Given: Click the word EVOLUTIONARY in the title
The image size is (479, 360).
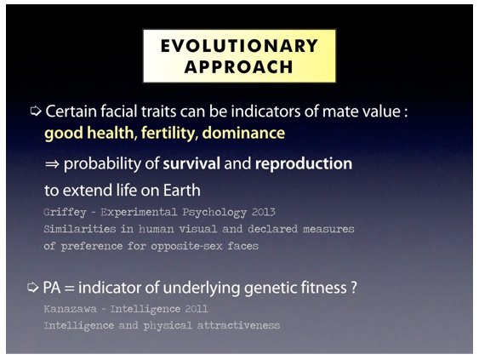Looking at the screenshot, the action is [x=240, y=46].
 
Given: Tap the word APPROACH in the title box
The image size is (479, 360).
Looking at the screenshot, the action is [x=239, y=67].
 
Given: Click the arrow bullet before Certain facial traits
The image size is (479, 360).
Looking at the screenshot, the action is [x=36, y=111].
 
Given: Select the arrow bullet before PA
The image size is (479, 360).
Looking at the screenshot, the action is [x=33, y=288].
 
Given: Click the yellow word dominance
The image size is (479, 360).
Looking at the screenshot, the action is [x=243, y=133].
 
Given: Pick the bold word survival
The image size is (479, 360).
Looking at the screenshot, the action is [x=191, y=163].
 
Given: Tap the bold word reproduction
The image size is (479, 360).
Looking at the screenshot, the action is [x=304, y=163].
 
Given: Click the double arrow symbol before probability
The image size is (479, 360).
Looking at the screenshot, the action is [x=52, y=164].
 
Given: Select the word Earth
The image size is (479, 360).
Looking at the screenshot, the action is [x=182, y=190].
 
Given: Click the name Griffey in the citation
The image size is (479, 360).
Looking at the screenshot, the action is [x=65, y=212].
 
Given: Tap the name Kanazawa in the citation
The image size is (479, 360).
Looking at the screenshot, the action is [x=71, y=309].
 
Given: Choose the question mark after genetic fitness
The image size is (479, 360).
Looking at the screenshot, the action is [x=354, y=288].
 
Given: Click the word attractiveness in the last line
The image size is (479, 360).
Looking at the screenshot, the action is [x=238, y=325].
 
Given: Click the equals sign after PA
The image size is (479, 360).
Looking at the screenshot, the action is [x=70, y=289].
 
